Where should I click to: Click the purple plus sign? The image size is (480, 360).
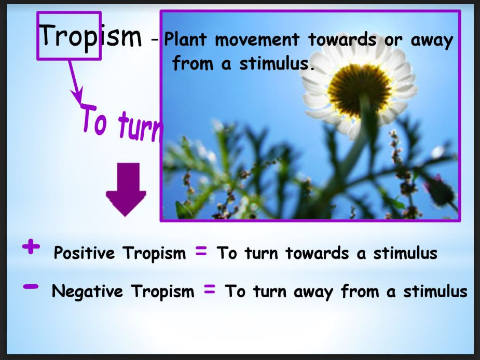pos(31,247)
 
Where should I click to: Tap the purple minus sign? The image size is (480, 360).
pos(31,286)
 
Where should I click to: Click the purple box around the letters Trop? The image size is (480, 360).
pos(68,36)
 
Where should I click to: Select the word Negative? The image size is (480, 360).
pos(87,292)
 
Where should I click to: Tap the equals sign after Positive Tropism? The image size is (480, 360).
pos(201,252)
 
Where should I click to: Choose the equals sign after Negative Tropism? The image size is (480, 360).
pos(210,290)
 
